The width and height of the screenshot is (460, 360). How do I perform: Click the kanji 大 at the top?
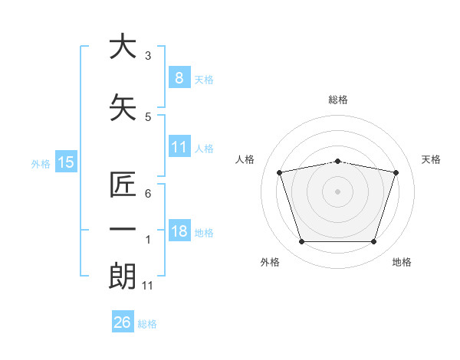[123, 47]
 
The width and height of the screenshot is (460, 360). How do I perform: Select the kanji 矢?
[123, 108]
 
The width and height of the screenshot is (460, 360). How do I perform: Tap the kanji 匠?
[123, 185]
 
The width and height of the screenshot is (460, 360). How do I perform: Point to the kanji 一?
[123, 231]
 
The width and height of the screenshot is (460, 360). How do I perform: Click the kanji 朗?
[123, 277]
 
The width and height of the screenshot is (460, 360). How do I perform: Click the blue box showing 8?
[179, 77]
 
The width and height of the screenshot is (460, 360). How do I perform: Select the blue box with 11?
[179, 147]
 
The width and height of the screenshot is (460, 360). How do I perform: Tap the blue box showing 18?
[179, 232]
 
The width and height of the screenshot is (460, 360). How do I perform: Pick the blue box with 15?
[66, 162]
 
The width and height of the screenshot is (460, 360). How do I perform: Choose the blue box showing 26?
[122, 322]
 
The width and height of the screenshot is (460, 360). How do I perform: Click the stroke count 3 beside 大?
[148, 56]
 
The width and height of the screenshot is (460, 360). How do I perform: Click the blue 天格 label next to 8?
[204, 79]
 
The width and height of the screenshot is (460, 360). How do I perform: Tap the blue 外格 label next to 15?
[41, 163]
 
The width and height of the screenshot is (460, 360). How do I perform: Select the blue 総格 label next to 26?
[147, 324]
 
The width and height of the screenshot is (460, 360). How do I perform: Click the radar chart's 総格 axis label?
[338, 100]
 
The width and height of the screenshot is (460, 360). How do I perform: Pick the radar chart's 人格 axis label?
[245, 159]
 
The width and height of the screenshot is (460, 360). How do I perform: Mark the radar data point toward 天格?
[396, 172]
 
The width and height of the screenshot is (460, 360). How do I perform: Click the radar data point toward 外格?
[301, 242]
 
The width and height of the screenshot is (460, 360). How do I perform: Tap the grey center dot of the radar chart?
[337, 191]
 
